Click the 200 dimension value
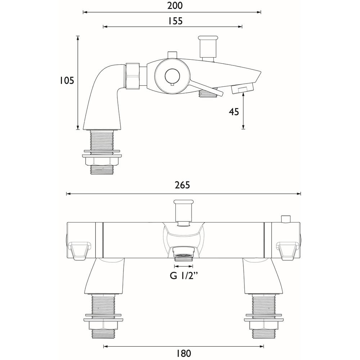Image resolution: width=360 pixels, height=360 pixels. pyautogui.click(x=175, y=6)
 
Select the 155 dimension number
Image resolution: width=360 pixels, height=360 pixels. pyautogui.click(x=175, y=21)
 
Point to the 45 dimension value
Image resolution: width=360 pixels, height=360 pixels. pyautogui.click(x=234, y=112)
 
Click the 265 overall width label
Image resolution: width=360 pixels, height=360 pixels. pyautogui.click(x=183, y=185)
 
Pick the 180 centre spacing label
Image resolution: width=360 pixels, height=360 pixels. pyautogui.click(x=184, y=353)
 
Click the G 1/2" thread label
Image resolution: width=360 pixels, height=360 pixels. pyautogui.click(x=184, y=276)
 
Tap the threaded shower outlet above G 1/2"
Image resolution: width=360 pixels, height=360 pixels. pyautogui.click(x=184, y=256)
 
